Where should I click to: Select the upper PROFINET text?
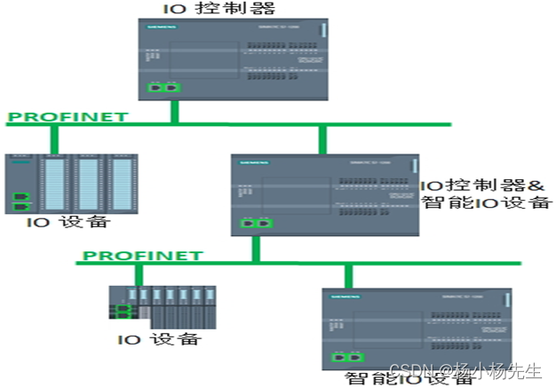(x=67, y=116)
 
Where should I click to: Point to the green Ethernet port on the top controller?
(x=162, y=88)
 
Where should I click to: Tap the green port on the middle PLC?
(x=257, y=224)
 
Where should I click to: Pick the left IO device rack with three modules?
(x=71, y=183)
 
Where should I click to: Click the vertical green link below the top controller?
(x=174, y=110)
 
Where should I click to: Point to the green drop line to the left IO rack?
(x=54, y=139)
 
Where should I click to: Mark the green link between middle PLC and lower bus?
(x=256, y=249)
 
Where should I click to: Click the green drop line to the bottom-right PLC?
(x=348, y=275)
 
